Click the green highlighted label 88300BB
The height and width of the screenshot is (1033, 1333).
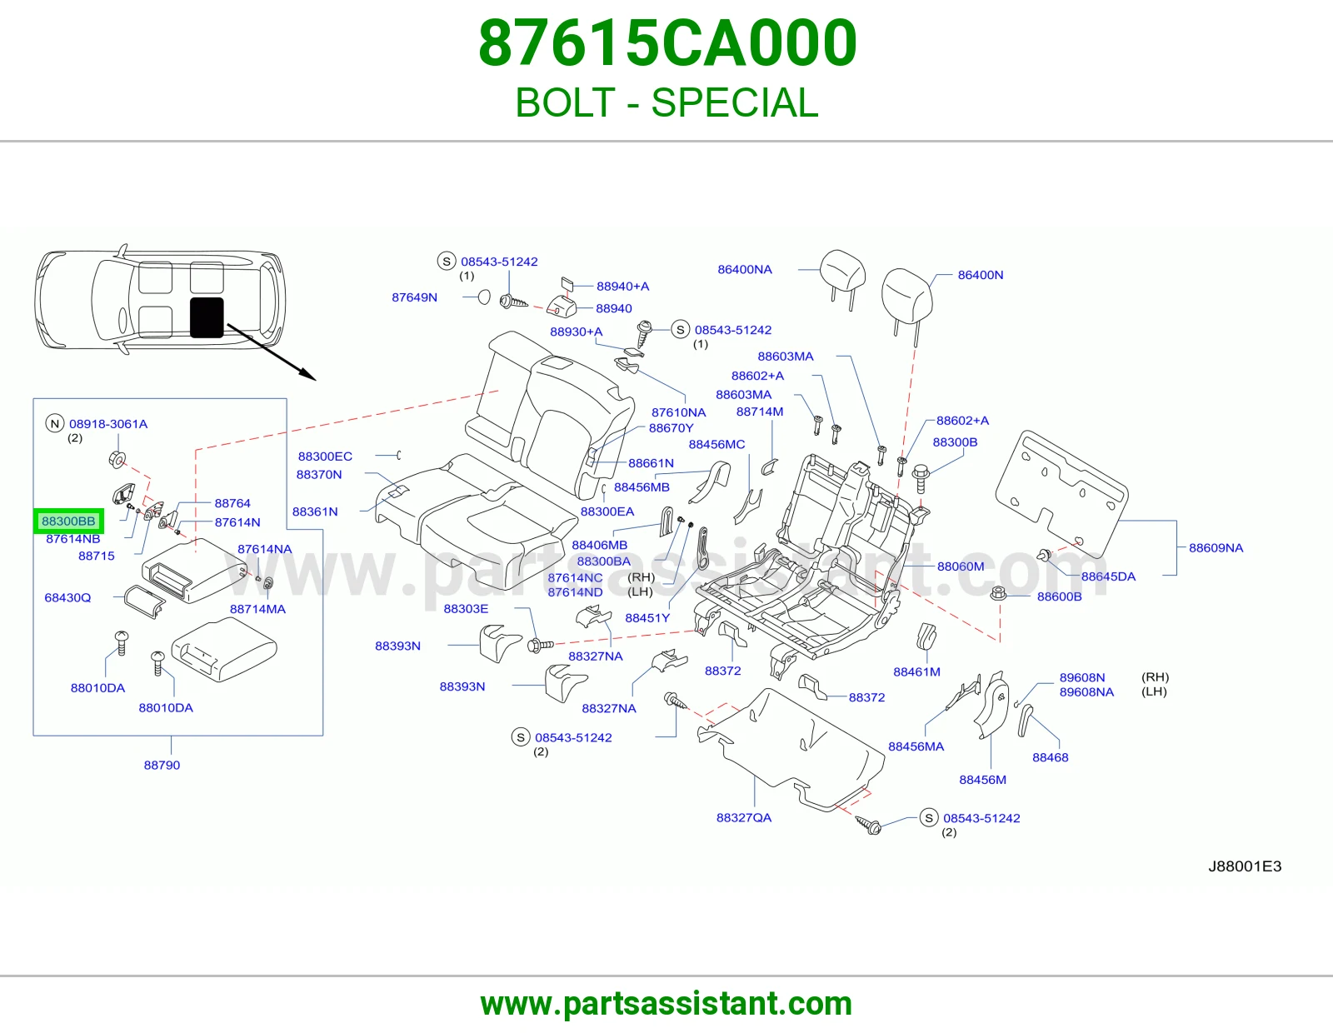pyautogui.click(x=68, y=521)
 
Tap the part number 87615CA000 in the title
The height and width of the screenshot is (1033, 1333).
pyautogui.click(x=667, y=42)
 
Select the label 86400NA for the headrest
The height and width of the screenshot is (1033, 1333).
pyautogui.click(x=745, y=269)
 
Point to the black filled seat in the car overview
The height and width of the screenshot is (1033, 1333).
pyautogui.click(x=207, y=317)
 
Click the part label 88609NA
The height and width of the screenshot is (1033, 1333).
pyautogui.click(x=1216, y=548)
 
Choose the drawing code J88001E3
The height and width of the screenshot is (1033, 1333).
pyautogui.click(x=1245, y=866)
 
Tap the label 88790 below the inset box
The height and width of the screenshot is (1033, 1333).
pyautogui.click(x=162, y=765)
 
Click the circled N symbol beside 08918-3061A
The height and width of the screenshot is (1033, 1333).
pyautogui.click(x=55, y=423)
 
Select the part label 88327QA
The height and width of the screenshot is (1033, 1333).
pyautogui.click(x=744, y=818)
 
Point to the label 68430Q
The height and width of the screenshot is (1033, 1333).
pyautogui.click(x=67, y=597)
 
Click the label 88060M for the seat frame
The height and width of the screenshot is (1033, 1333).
pyautogui.click(x=961, y=566)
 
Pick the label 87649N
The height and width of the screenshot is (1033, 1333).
pyautogui.click(x=415, y=297)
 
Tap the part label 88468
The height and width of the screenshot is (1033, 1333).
pyautogui.click(x=1051, y=757)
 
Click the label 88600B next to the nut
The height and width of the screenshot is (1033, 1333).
pyautogui.click(x=1060, y=596)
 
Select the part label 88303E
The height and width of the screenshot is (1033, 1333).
pyautogui.click(x=467, y=608)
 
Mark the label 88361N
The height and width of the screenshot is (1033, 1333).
pyautogui.click(x=315, y=512)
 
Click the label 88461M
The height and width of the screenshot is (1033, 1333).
pyautogui.click(x=916, y=671)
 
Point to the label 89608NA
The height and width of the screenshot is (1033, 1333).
pyautogui.click(x=1086, y=692)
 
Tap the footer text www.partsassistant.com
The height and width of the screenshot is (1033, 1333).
pyautogui.click(x=666, y=1004)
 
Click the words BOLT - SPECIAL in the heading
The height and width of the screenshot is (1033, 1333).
pyautogui.click(x=666, y=102)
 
